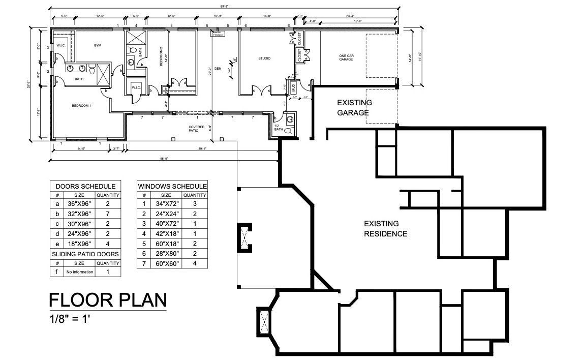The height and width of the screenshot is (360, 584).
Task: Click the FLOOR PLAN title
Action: (x=108, y=301)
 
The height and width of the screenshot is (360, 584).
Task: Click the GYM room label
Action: (x=97, y=45)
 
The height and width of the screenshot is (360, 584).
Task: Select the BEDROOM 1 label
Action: (x=81, y=105)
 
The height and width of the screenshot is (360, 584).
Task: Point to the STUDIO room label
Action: (x=264, y=58)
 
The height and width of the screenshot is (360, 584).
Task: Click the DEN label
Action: (x=218, y=68)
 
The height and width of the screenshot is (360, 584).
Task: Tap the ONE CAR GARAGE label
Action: (x=346, y=57)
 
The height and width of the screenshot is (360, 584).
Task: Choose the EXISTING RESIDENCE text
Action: (x=385, y=229)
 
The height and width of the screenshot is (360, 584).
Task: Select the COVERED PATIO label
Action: (x=197, y=129)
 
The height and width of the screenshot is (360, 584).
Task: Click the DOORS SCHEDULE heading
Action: (x=85, y=187)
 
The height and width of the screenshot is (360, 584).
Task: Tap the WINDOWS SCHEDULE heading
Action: (x=172, y=187)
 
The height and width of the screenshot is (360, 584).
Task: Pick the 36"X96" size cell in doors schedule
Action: (x=80, y=203)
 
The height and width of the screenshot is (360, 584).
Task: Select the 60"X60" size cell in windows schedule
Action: (x=166, y=263)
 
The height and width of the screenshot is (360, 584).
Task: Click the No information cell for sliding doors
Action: (x=80, y=272)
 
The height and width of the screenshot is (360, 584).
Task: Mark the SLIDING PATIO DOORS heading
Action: (x=85, y=254)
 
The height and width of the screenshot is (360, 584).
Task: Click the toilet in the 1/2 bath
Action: (x=288, y=131)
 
